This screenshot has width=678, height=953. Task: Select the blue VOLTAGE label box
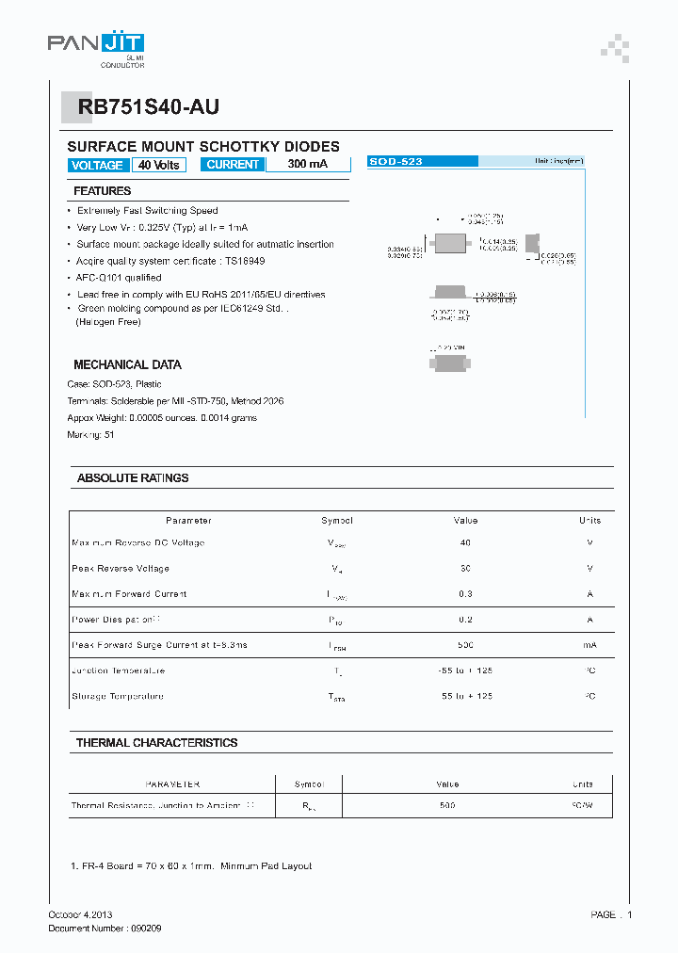97,165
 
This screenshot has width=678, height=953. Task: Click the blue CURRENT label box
233,165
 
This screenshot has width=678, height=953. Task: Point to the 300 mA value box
307,165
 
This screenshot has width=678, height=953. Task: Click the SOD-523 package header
395,162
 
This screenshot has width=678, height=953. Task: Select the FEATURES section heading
103,191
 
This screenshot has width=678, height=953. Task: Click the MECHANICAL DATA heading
127,364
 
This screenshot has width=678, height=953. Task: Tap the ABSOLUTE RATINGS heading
133,477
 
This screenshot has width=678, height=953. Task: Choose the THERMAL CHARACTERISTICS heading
156,743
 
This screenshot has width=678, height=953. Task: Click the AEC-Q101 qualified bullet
119,278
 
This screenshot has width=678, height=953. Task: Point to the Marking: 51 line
90,434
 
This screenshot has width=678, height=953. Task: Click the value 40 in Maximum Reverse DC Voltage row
465,542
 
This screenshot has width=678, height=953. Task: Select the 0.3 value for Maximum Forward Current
465,593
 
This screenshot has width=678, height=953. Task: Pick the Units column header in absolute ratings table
589,520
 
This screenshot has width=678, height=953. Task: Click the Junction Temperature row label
118,670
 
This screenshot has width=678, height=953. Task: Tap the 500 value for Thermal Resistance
447,806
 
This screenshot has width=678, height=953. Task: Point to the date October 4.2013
80,914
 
